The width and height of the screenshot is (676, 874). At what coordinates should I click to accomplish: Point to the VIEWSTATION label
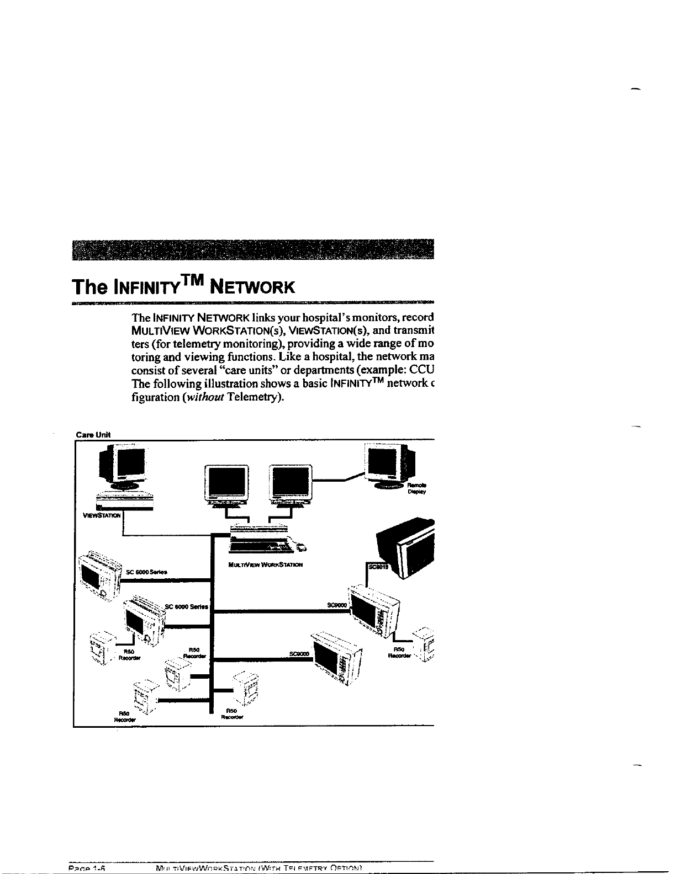[101, 515]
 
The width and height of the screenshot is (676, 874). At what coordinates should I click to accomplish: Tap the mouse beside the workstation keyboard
[302, 547]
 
